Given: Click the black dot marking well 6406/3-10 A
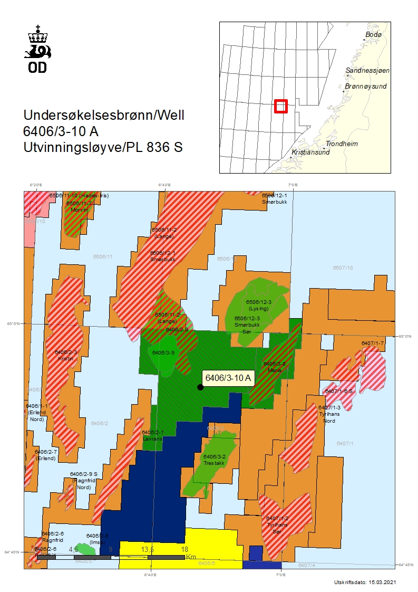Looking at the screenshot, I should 200,387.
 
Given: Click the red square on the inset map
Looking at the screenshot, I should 281,106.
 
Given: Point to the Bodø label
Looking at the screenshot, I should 373,34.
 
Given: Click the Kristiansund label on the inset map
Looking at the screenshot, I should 310,152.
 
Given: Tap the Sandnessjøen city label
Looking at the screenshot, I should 364,70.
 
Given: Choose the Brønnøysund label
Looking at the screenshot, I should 366,86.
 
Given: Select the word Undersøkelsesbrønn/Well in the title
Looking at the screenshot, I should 104,115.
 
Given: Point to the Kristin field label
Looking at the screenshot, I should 67,358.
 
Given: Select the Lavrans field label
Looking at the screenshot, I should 152,438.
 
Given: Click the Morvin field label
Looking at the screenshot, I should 79,209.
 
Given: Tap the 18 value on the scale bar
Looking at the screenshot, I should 184,549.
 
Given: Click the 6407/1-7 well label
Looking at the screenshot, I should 373,343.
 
